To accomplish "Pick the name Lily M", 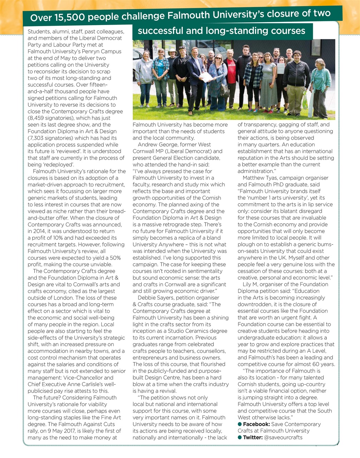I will (250, 284).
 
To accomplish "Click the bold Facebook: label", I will (256, 424).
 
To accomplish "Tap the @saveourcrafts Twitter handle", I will (283, 437).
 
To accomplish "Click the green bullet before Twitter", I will (240, 437).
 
